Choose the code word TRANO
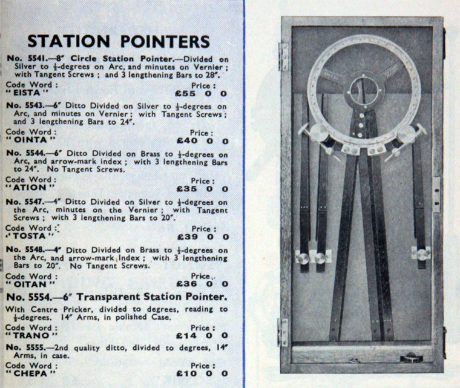pos(31,335)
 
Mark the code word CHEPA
pos(30,373)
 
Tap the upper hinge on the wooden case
pos(283,56)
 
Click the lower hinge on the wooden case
pos(283,332)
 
